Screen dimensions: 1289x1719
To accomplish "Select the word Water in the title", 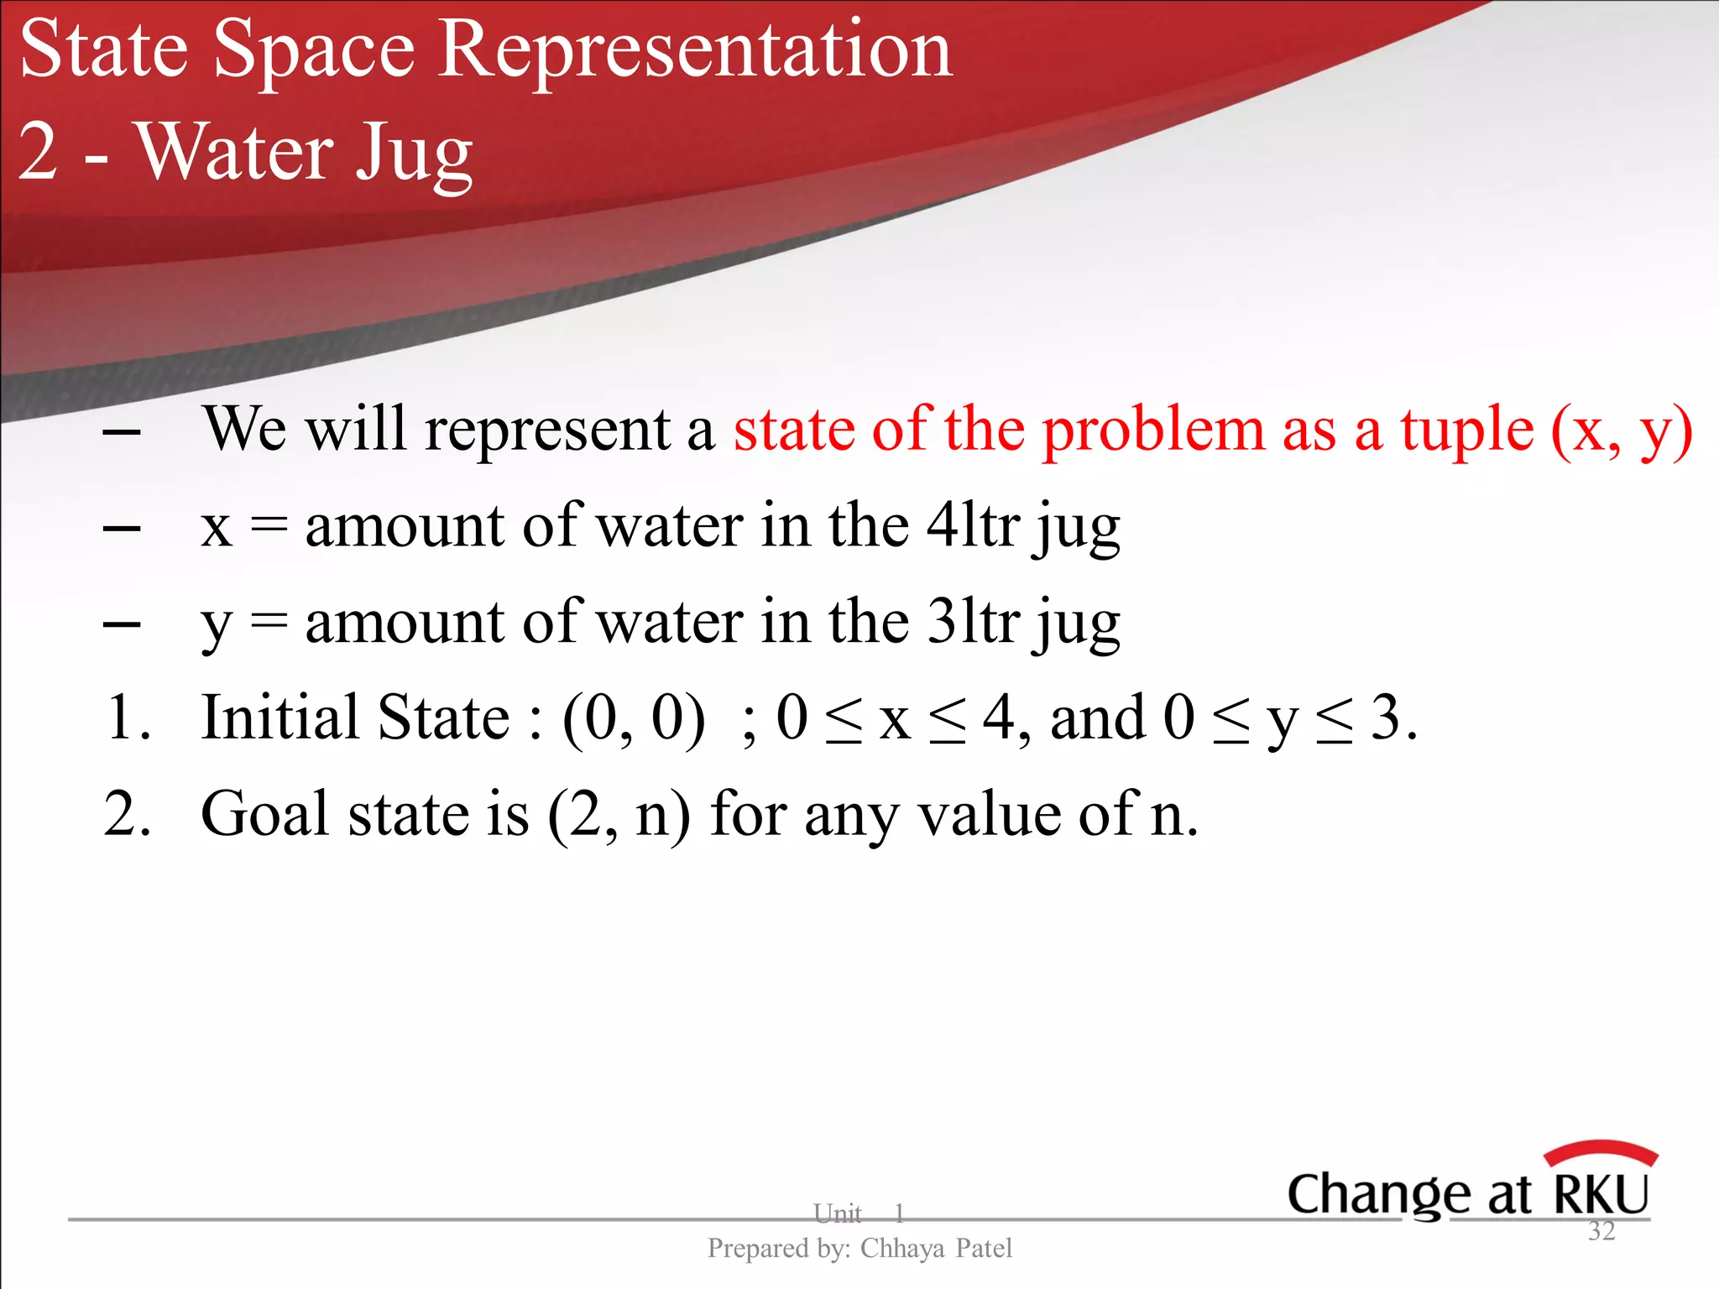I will coord(236,153).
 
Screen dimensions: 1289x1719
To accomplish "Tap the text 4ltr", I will coord(973,526).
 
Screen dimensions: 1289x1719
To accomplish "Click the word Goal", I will coord(266,814).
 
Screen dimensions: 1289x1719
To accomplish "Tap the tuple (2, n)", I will coord(619,815).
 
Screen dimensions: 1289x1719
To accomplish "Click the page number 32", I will coord(1601,1231).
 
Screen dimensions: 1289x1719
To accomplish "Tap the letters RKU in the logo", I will coord(1601,1194).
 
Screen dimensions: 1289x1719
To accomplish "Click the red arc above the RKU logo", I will coord(1601,1151).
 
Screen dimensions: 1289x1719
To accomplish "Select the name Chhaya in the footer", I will coord(902,1249).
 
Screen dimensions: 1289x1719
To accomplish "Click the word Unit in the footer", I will coord(837,1213).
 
